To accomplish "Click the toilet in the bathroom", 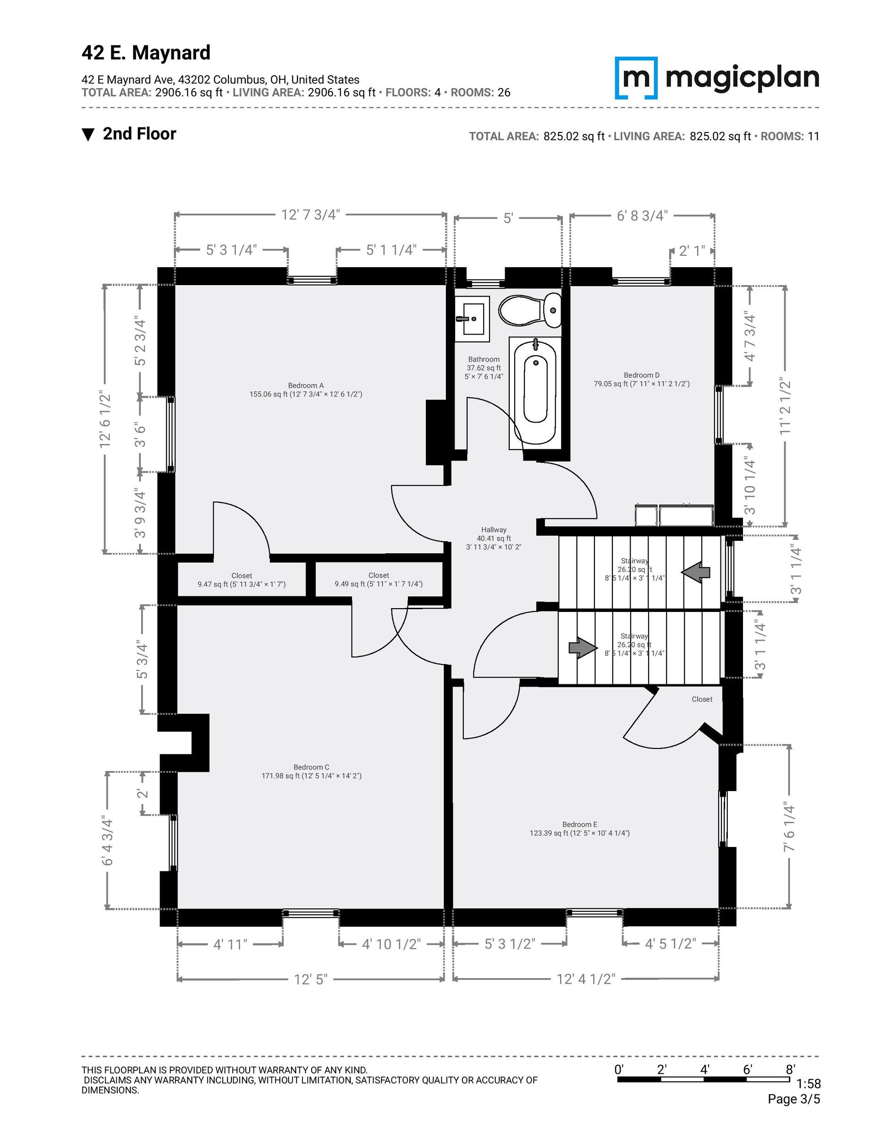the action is click(x=530, y=310).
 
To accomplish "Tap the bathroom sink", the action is click(x=472, y=319).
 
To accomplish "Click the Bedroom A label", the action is click(x=306, y=385).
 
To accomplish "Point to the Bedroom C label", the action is click(x=311, y=767).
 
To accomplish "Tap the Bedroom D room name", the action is click(x=642, y=375).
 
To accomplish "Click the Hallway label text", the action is click(x=494, y=530).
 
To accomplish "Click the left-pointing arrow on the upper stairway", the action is click(x=695, y=572).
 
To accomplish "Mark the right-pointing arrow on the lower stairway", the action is click(x=583, y=648).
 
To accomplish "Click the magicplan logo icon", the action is click(x=636, y=78).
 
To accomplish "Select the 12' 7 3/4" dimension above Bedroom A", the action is click(x=310, y=215).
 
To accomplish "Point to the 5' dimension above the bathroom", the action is click(x=509, y=218).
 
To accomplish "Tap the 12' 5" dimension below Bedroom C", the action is click(x=310, y=979).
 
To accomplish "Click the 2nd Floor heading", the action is click(x=139, y=134).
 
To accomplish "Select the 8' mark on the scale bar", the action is click(x=790, y=1070).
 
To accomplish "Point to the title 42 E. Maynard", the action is click(x=146, y=53).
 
